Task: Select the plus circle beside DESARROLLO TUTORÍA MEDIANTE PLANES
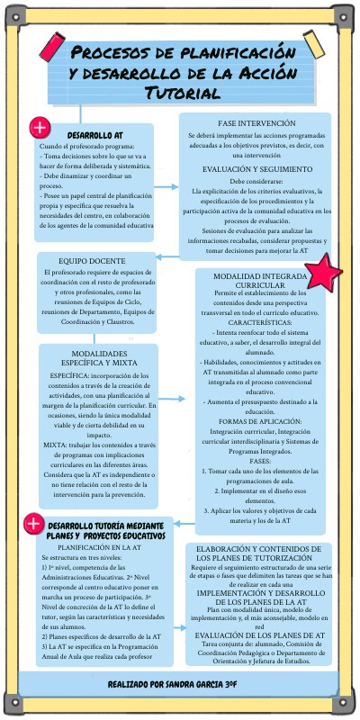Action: pyautogui.click(x=33, y=523)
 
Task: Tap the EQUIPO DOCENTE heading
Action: pyautogui.click(x=95, y=260)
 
